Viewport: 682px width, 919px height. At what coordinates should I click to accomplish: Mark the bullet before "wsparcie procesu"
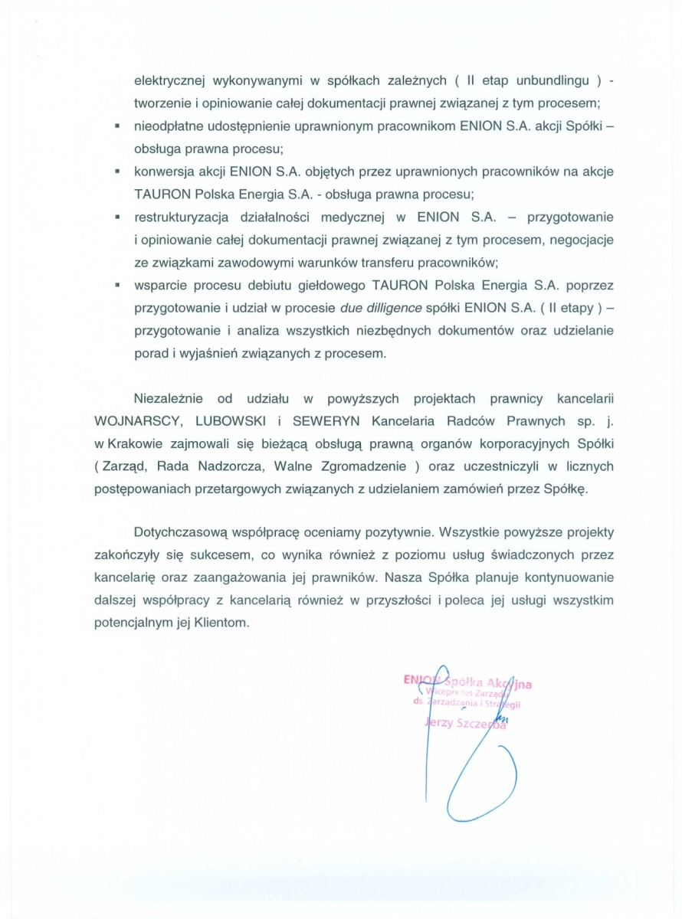118,284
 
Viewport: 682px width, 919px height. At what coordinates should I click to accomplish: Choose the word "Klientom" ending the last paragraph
224,623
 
